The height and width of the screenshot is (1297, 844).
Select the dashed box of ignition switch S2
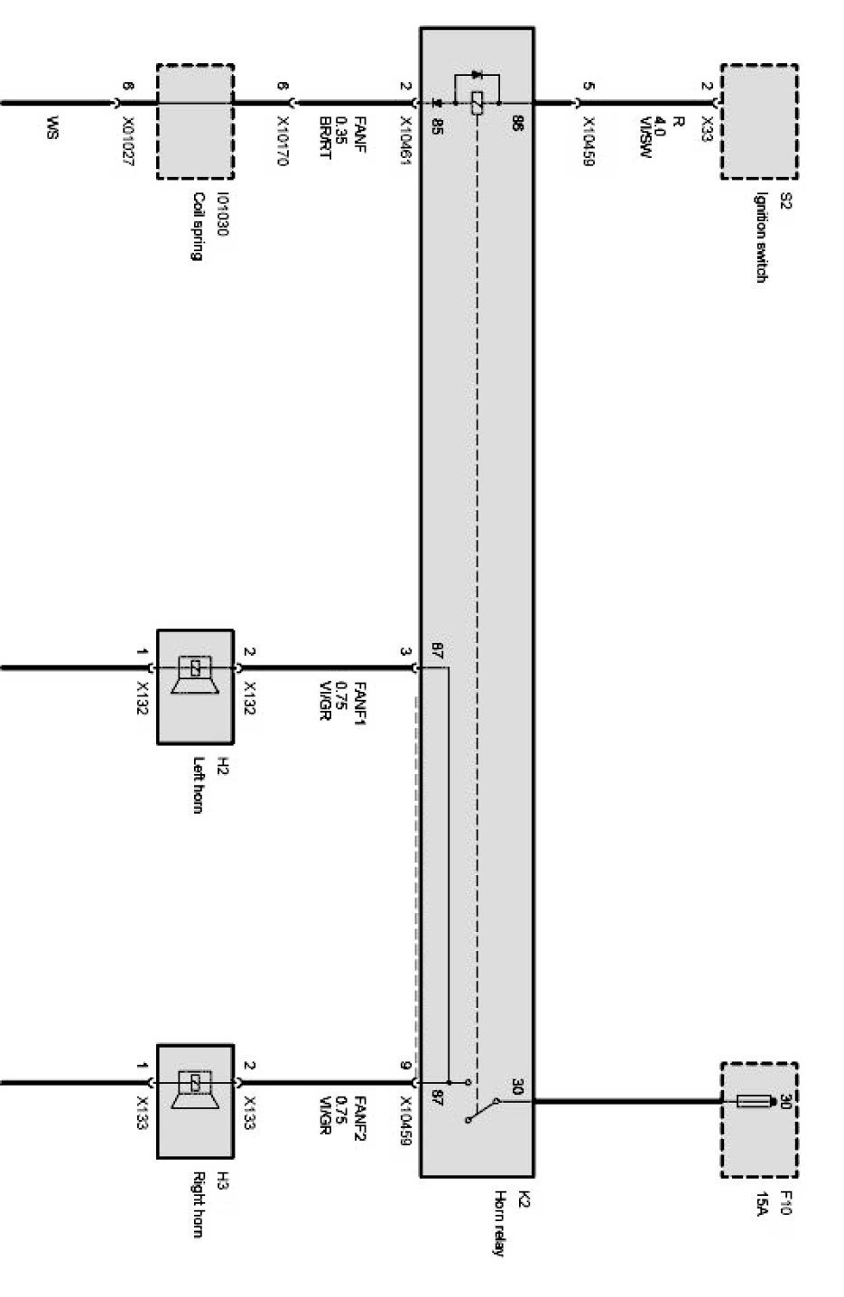(758, 121)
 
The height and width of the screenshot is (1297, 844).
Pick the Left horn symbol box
(195, 686)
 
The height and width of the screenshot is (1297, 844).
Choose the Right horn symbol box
(195, 1100)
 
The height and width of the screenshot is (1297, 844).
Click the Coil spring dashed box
(195, 121)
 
